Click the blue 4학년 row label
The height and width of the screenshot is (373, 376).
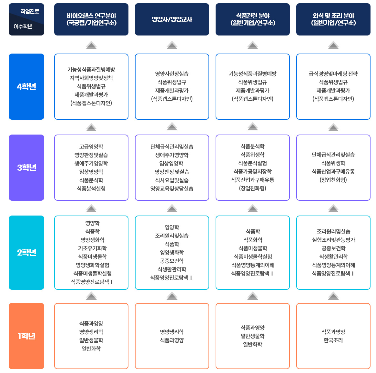click(x=26, y=86)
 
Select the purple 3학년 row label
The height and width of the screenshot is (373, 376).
click(x=26, y=167)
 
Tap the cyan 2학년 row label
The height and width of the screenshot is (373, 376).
click(x=26, y=252)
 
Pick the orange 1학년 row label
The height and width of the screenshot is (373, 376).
click(x=26, y=336)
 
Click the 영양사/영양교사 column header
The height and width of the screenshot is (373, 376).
click(x=172, y=19)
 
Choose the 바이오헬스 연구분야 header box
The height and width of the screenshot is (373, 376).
click(x=91, y=19)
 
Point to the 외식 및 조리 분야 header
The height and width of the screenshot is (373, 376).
click(x=333, y=19)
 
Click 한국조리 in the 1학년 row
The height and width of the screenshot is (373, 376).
click(x=333, y=340)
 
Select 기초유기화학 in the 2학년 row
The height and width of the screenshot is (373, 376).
click(x=92, y=248)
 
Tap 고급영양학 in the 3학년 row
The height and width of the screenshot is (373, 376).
click(x=91, y=146)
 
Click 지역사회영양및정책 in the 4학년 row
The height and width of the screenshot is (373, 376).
click(x=91, y=78)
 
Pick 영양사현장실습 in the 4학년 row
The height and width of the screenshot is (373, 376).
click(x=172, y=74)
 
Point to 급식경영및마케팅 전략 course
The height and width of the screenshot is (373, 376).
click(x=333, y=74)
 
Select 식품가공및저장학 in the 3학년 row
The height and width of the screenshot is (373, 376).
click(x=253, y=171)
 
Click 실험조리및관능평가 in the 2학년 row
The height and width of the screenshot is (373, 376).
click(x=333, y=240)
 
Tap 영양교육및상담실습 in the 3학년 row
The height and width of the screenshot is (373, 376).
click(x=172, y=188)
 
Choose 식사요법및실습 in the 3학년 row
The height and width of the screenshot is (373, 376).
click(x=172, y=180)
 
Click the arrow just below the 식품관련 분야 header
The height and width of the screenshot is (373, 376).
click(x=253, y=45)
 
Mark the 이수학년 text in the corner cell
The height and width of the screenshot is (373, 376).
click(x=23, y=26)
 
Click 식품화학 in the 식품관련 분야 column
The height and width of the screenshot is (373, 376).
click(x=253, y=240)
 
